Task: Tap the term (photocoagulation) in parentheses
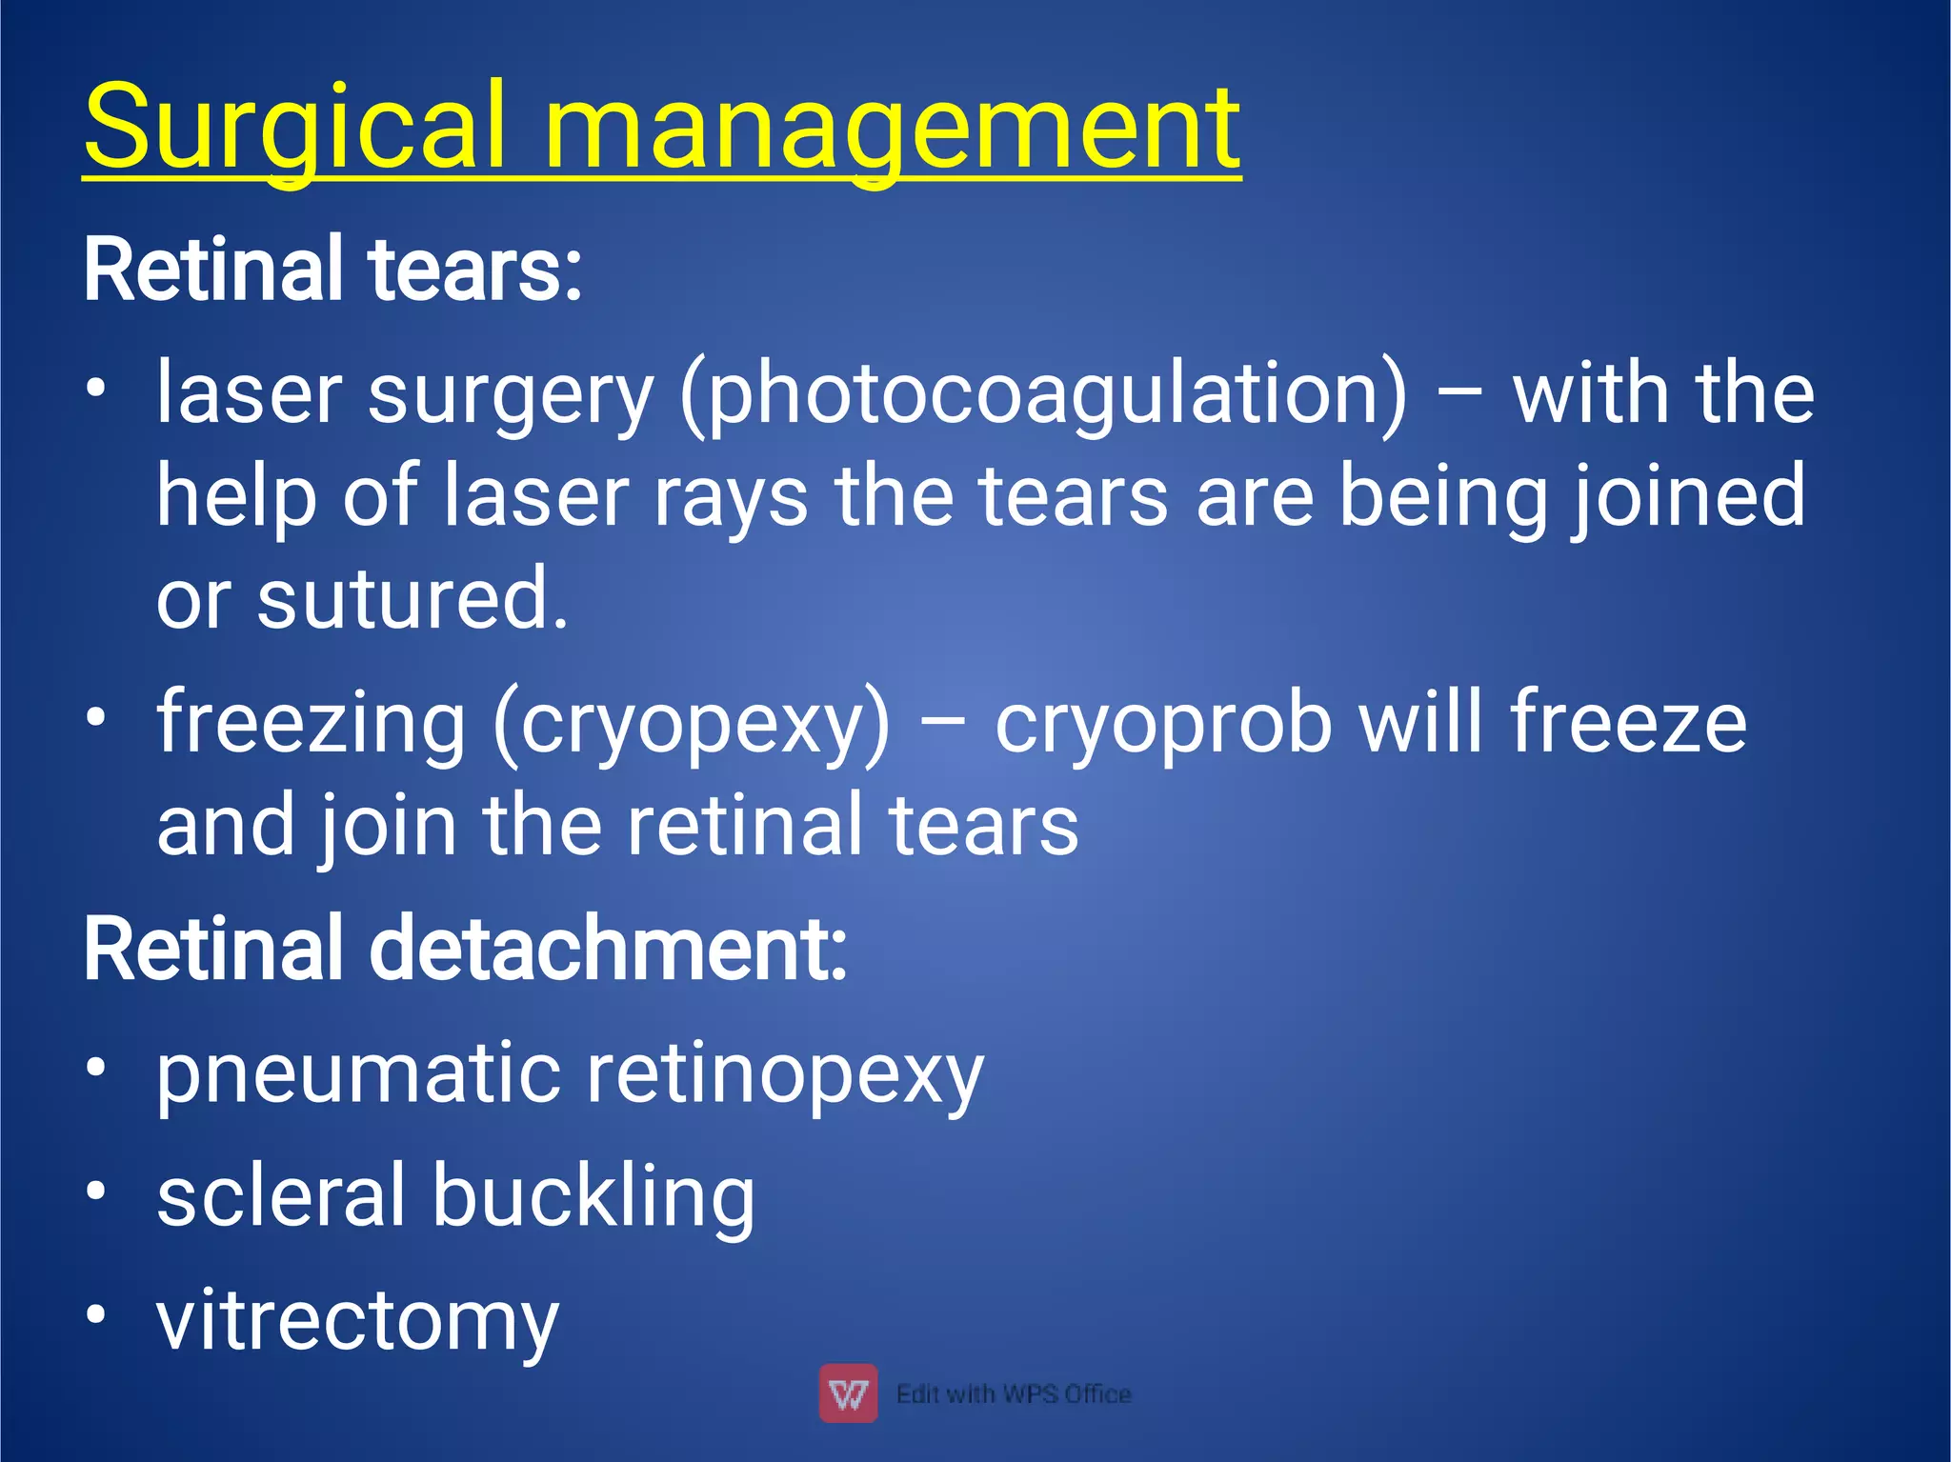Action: tap(1042, 393)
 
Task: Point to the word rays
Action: tap(730, 496)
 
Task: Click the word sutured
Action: tap(412, 599)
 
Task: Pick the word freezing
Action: tap(311, 722)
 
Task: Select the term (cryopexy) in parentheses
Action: tap(692, 722)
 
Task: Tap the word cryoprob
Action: tap(1163, 722)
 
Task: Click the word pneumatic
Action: tap(358, 1073)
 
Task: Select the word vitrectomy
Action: tap(357, 1321)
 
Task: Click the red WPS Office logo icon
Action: tap(848, 1393)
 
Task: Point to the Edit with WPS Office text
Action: tap(1014, 1394)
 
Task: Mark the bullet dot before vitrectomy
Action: tap(95, 1314)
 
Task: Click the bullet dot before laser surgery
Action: tap(95, 388)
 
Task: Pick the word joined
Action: tap(1687, 496)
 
